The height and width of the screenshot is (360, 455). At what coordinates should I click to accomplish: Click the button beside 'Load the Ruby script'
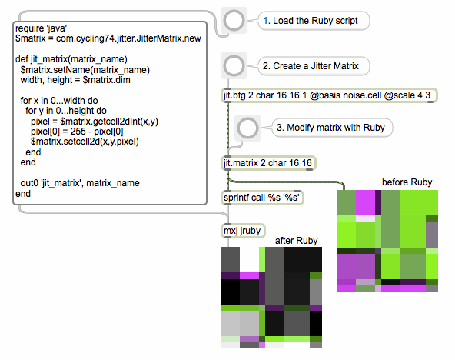tap(234, 21)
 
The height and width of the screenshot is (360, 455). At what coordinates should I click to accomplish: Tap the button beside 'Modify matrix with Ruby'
tap(247, 128)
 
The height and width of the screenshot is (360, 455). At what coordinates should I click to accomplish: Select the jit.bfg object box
tap(329, 95)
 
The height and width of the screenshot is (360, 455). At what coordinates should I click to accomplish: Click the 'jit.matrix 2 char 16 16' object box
tap(268, 163)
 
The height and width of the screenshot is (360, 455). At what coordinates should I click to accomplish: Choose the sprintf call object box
tap(262, 198)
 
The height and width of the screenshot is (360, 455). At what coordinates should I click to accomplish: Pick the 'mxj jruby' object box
tap(243, 231)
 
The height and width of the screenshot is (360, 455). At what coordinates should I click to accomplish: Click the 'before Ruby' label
tap(407, 182)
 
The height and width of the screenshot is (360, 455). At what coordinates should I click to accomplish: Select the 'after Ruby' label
tap(296, 241)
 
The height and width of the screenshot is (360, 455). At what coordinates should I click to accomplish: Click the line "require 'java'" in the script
tap(42, 28)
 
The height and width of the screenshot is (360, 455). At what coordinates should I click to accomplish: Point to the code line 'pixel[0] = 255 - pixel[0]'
tap(77, 132)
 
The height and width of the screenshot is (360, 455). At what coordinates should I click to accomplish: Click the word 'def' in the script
tap(22, 59)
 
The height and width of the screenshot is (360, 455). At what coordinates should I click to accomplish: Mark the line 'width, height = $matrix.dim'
tap(75, 80)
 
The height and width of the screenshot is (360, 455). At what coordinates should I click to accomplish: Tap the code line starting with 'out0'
tap(80, 183)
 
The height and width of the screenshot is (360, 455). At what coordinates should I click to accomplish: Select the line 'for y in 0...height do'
tap(66, 111)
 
